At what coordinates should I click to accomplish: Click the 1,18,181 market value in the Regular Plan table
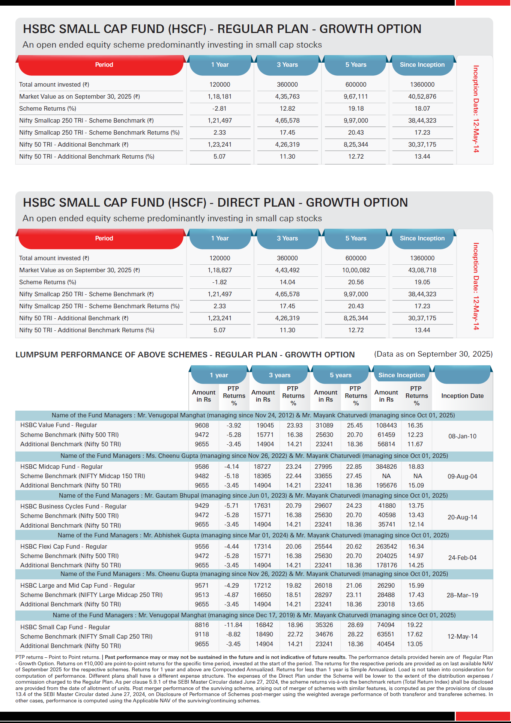[219, 96]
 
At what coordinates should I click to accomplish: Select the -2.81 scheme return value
[219, 108]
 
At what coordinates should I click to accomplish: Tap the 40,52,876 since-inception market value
[422, 96]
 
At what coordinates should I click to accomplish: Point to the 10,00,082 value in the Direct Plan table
[356, 270]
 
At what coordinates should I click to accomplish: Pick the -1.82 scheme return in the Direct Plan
[219, 282]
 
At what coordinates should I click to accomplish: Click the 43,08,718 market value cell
[422, 270]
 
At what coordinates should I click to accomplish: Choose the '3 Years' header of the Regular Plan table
[287, 64]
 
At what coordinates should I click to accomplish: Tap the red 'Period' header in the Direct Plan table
[104, 238]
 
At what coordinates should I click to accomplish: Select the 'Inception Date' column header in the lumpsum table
[462, 396]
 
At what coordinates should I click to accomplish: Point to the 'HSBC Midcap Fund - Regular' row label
[61, 466]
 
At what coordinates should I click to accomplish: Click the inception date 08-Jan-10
[462, 436]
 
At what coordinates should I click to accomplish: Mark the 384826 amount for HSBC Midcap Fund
[386, 466]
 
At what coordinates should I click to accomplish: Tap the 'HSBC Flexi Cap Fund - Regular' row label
[63, 546]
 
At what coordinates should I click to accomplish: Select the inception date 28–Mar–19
[462, 595]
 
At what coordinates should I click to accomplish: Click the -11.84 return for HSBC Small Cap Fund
[233, 625]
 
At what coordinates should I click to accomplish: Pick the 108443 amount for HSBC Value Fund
[386, 425]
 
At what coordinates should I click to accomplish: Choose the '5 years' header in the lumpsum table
[341, 375]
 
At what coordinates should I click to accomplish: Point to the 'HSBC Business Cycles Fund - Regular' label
[73, 506]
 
